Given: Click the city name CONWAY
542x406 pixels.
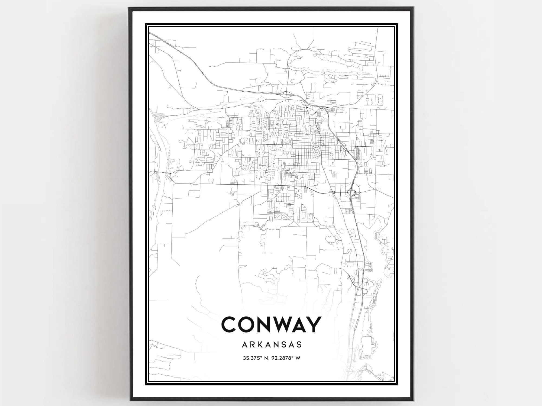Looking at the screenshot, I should [x=271, y=324].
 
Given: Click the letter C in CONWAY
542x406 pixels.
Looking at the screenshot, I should [x=230, y=324].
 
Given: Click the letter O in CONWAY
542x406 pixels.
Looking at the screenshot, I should [x=247, y=324].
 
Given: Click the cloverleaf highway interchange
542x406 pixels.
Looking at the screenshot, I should [x=353, y=193].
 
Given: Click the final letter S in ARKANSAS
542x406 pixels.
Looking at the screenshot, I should [x=299, y=344].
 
